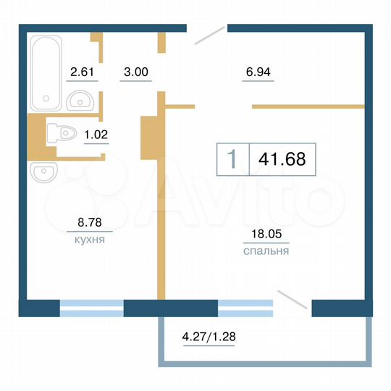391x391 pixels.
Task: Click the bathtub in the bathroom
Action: [45, 73]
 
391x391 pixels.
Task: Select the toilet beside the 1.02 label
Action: [62, 134]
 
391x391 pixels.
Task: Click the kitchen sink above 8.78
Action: [43, 173]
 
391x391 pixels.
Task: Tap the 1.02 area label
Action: [96, 133]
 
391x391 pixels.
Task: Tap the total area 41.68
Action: [282, 158]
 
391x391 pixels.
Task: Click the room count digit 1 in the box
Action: [232, 158]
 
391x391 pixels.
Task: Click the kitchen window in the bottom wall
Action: [91, 308]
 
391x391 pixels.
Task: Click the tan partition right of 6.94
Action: [307, 107]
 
